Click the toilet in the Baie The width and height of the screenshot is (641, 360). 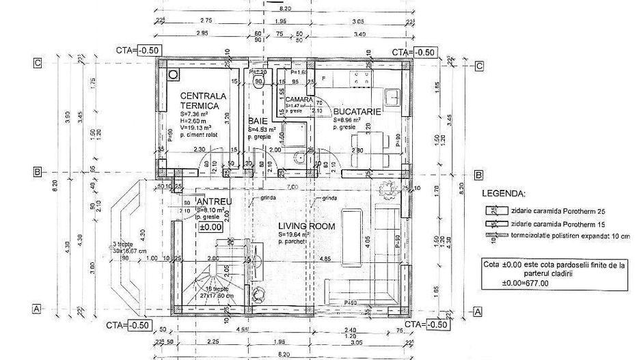pyautogui.click(x=258, y=85)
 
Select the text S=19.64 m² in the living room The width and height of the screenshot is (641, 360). pyautogui.click(x=295, y=234)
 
